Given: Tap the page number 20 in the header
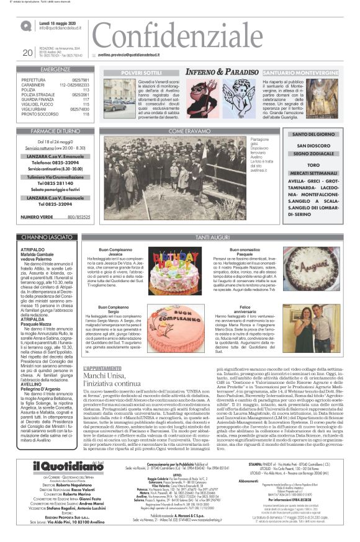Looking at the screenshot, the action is [27, 53].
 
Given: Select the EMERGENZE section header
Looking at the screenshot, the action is [56, 70].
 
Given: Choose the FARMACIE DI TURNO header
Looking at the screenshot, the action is [56, 131].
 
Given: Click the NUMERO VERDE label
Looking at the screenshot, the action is [37, 216].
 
